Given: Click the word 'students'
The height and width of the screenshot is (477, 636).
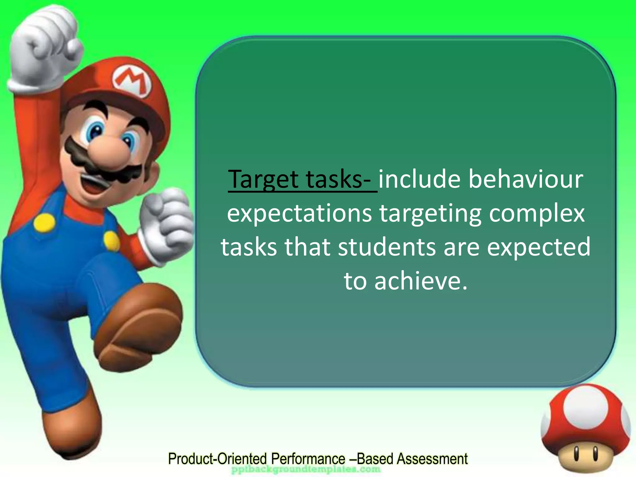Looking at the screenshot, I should [x=387, y=247].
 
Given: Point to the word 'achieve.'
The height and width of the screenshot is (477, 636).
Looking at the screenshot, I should [x=421, y=281].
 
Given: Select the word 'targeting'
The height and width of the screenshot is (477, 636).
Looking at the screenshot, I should [x=430, y=214].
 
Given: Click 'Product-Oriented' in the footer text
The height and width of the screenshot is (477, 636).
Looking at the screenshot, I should [x=217, y=459].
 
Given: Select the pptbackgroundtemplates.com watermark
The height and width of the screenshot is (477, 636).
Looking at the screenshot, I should [x=306, y=469].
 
